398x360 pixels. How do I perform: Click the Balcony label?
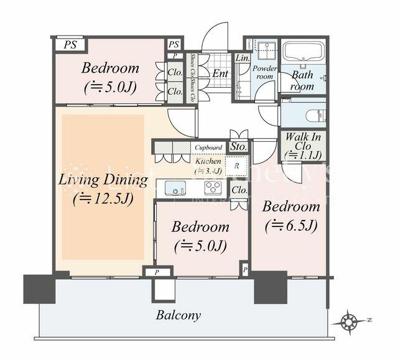[x=178, y=315]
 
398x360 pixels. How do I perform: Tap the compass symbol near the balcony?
[x=351, y=321]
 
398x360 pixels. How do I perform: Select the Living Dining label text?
[x=103, y=181]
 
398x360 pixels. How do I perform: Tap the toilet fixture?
[x=315, y=116]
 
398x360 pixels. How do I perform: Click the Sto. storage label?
[x=238, y=147]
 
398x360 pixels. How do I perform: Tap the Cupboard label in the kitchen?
[x=208, y=147]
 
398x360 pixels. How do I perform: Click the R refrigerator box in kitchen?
[x=236, y=165]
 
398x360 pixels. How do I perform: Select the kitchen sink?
[x=175, y=187]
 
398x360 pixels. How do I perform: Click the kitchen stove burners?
[x=211, y=188]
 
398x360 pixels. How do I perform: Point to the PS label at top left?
[x=70, y=45]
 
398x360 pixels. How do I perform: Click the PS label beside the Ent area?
[x=174, y=44]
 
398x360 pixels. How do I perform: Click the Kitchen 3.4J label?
[x=207, y=165]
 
